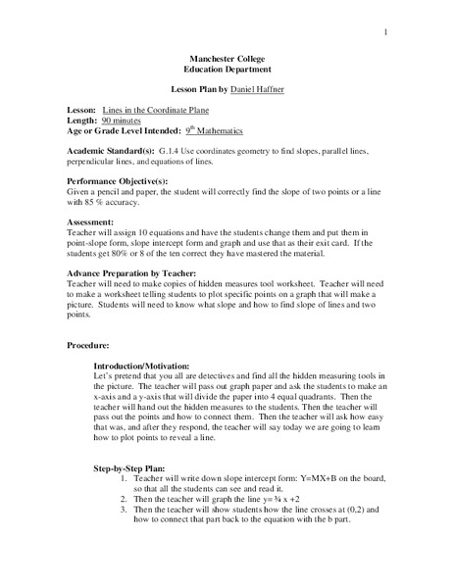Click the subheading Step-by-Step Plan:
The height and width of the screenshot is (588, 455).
point(136,467)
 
